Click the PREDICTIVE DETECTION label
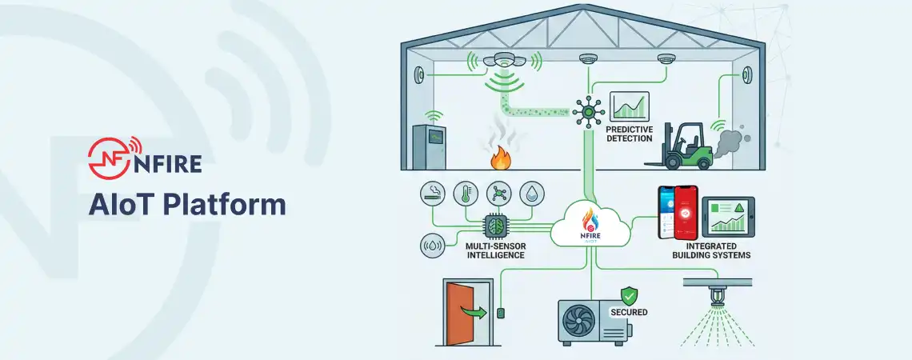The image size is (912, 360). [630, 133]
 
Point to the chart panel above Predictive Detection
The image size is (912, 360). [630, 106]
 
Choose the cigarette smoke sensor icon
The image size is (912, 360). [433, 194]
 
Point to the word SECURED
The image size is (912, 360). [629, 312]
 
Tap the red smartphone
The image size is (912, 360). [684, 214]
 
